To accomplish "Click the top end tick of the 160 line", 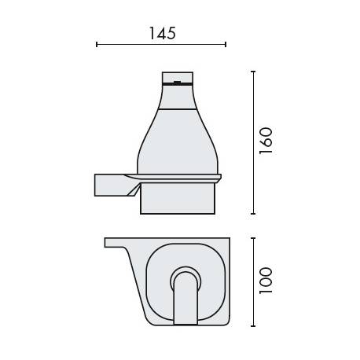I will [x=253, y=72].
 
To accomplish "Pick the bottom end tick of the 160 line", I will [x=253, y=213].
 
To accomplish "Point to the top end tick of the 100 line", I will [x=253, y=237].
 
